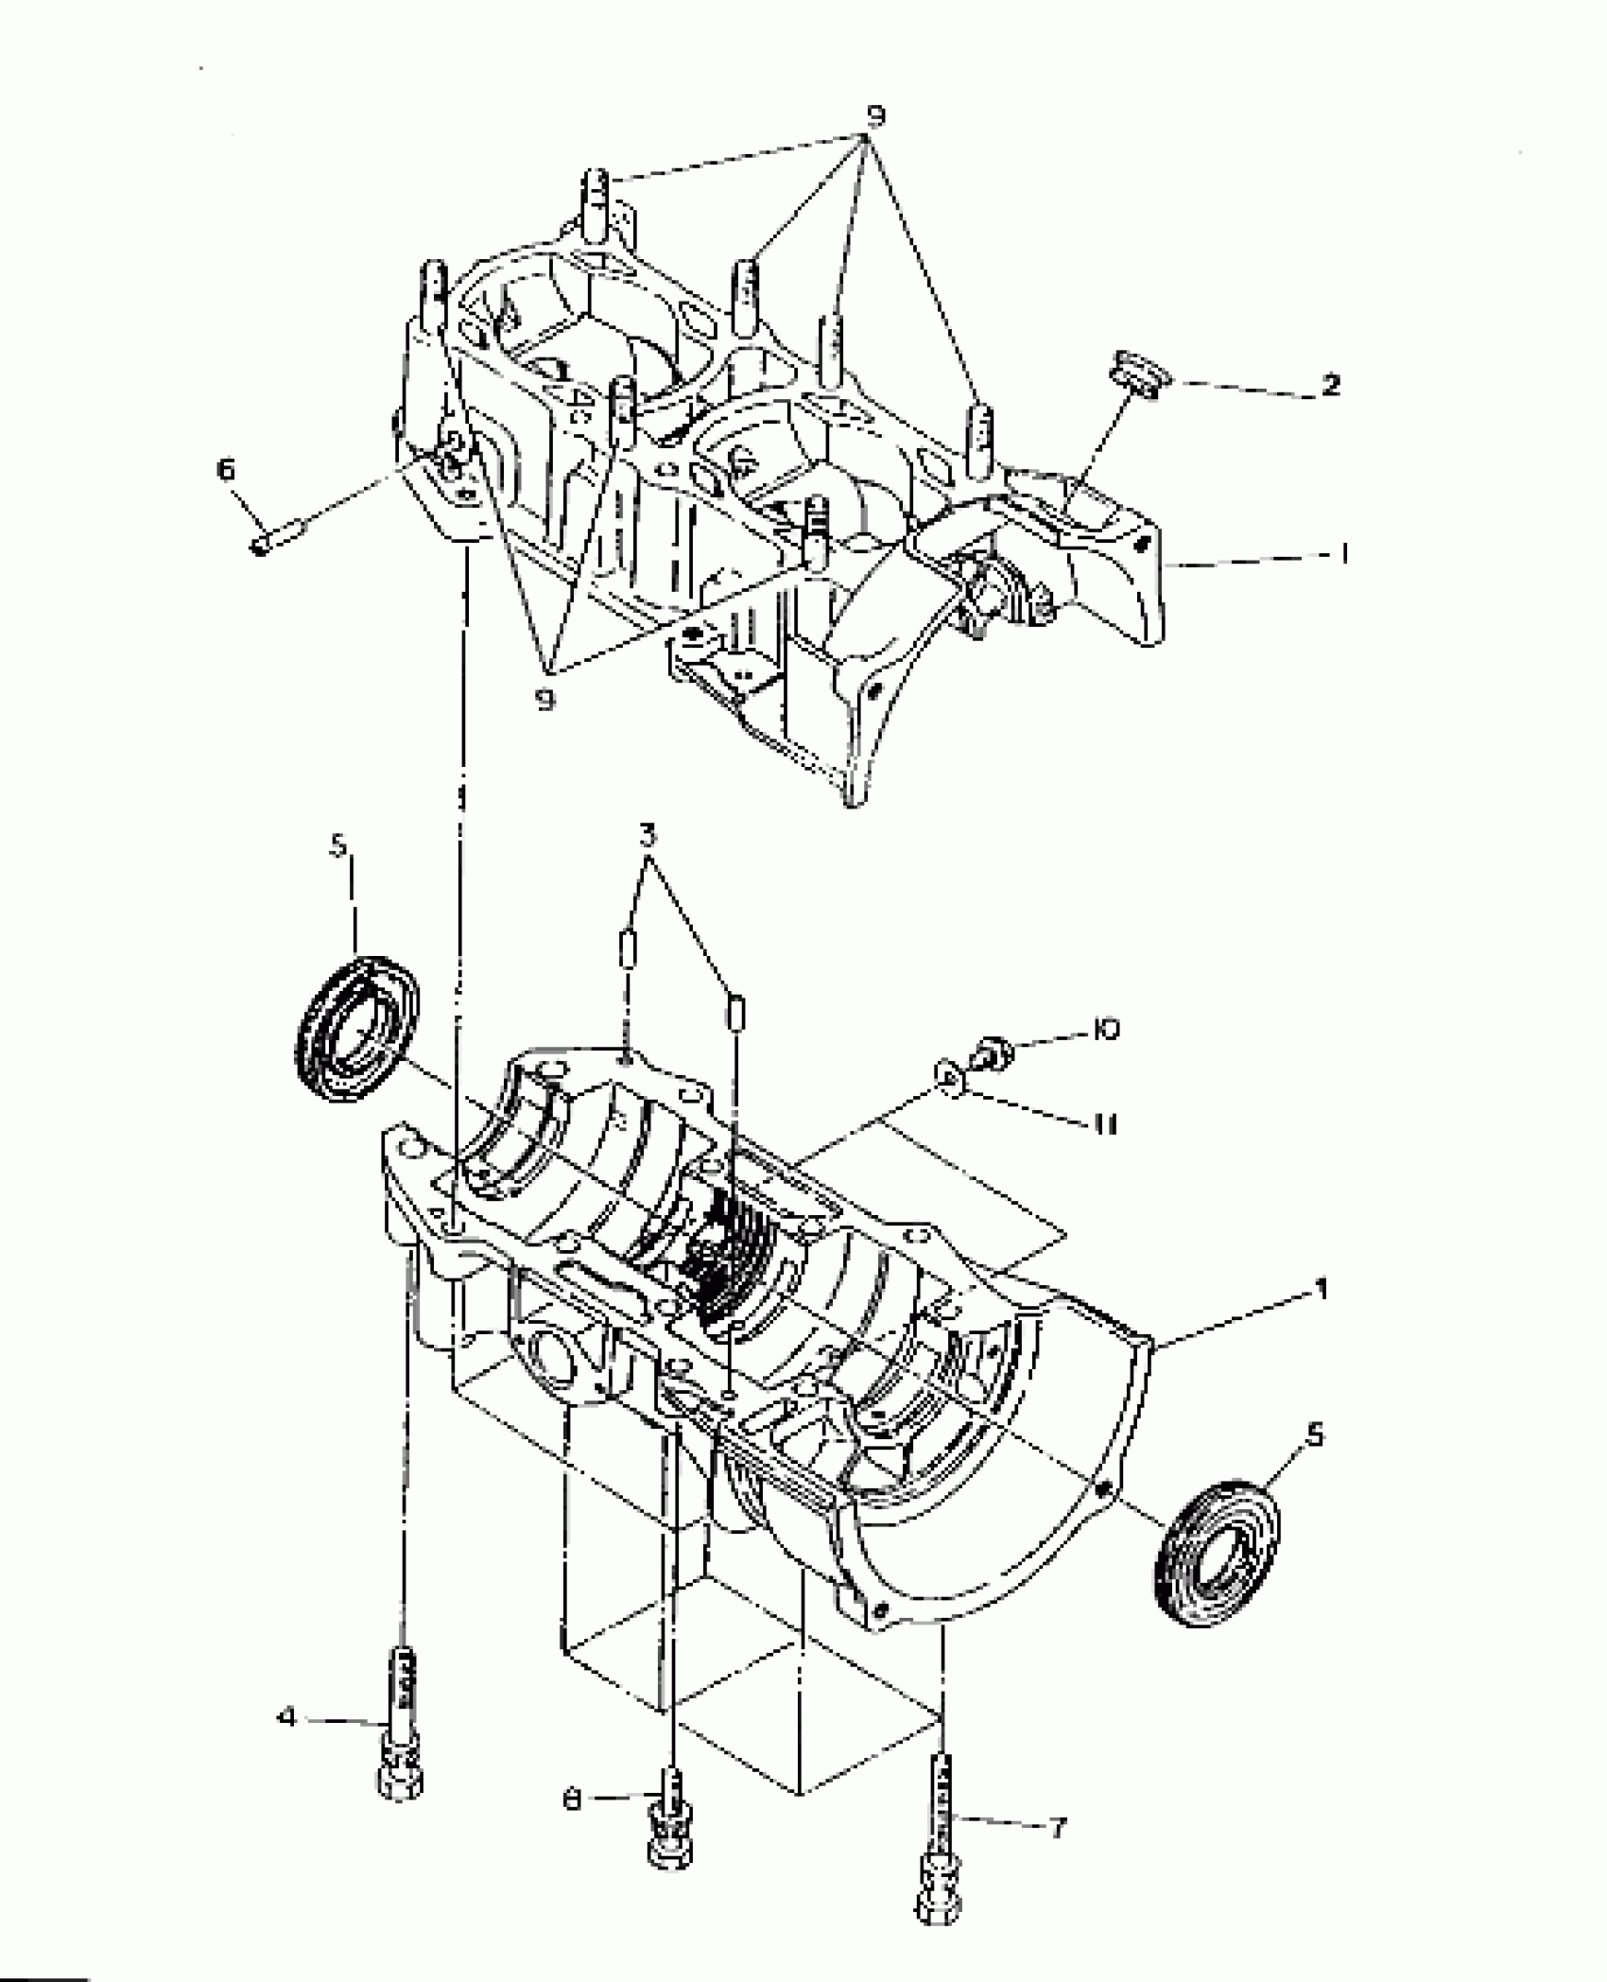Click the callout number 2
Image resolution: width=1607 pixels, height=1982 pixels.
pos(1330,385)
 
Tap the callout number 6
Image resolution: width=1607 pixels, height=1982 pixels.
pos(227,470)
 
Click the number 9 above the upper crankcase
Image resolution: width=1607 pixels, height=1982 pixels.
pos(875,117)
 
